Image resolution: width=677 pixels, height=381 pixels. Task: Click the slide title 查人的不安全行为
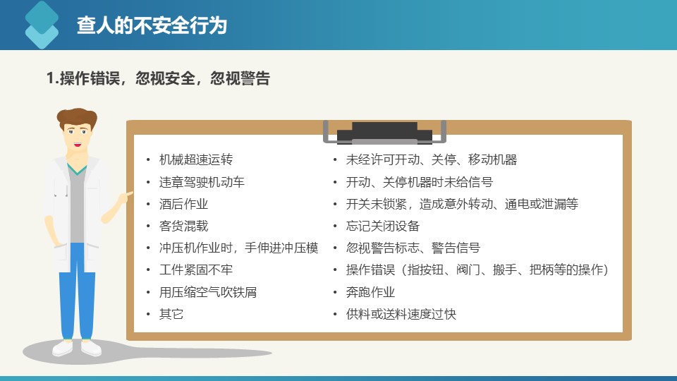(152, 25)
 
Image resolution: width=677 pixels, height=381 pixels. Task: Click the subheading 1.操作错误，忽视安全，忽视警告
(158, 78)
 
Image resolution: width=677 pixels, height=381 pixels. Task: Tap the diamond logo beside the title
(42, 25)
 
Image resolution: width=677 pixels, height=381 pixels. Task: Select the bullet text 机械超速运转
(196, 159)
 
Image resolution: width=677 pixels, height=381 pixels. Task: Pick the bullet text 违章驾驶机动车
(202, 182)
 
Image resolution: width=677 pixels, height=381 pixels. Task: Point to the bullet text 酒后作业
(183, 204)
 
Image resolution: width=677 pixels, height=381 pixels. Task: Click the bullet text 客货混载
(183, 226)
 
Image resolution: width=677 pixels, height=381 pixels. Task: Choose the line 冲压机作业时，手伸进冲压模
(239, 248)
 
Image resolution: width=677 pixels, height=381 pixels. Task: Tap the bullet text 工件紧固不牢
(196, 270)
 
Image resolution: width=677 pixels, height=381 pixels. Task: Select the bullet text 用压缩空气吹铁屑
(207, 292)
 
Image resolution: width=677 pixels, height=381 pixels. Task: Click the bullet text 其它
(171, 314)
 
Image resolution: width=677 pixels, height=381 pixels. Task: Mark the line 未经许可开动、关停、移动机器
(432, 159)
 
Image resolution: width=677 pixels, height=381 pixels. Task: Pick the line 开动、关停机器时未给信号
(419, 182)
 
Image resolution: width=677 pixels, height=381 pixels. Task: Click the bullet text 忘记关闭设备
(382, 226)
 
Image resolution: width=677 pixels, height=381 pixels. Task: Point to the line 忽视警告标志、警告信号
(413, 248)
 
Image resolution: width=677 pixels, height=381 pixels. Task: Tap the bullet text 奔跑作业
(370, 292)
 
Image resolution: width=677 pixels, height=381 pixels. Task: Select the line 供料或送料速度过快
(401, 314)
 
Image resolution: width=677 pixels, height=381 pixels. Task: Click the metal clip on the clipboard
(384, 132)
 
